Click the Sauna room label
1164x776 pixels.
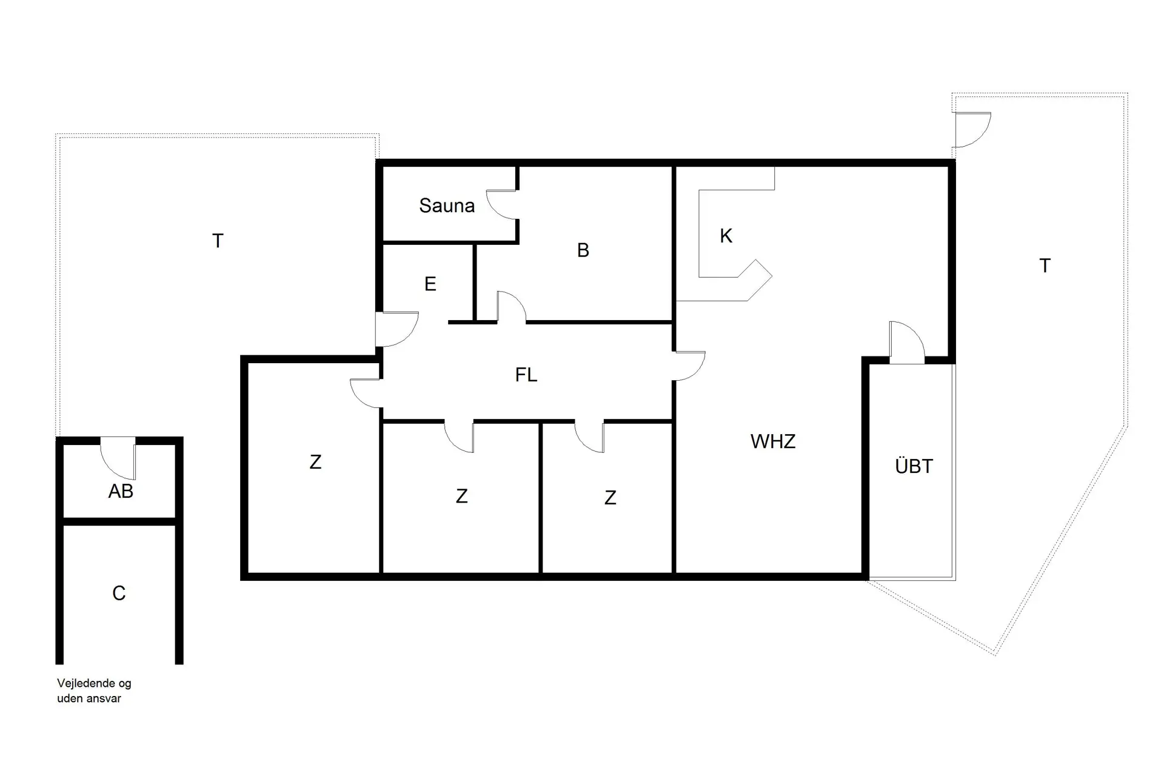point(447,206)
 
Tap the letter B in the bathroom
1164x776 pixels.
point(583,250)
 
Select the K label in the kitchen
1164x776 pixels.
point(726,236)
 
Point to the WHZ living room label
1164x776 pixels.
point(773,441)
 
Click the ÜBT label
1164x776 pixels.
point(914,466)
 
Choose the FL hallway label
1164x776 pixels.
point(526,375)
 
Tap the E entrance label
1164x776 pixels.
point(430,284)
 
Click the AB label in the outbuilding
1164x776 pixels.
point(121,491)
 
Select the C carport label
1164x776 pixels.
point(119,593)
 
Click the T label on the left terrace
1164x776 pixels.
point(218,241)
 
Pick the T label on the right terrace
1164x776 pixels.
point(1045,266)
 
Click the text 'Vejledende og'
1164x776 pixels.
point(94,683)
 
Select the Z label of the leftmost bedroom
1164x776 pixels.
point(315,462)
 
